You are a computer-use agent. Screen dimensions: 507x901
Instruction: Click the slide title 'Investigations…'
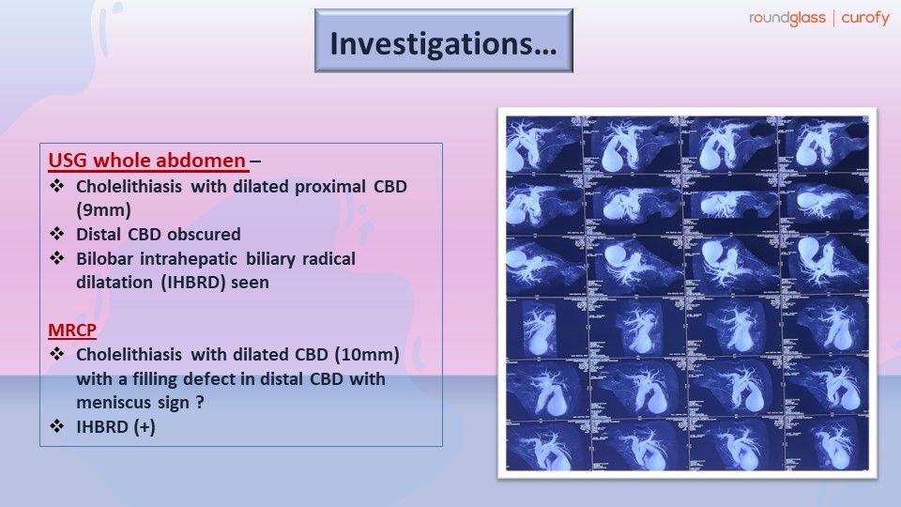point(443,43)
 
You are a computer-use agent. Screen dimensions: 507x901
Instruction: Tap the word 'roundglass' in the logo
point(786,18)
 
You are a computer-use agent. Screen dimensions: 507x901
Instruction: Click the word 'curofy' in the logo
point(865,18)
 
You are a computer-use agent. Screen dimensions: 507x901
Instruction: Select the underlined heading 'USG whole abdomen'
point(145,161)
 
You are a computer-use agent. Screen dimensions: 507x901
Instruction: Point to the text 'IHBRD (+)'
point(116,427)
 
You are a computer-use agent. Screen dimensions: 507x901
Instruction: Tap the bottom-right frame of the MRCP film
point(826,441)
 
